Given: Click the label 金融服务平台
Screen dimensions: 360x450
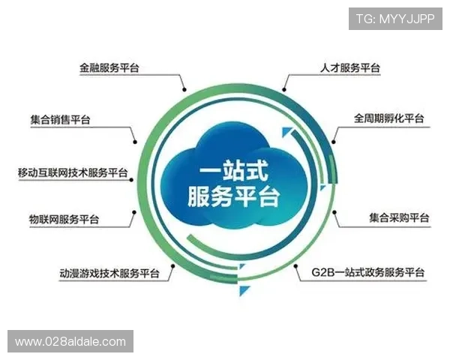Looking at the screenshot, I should pos(109,67).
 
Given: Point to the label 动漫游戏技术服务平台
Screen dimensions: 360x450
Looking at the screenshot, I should pos(109,273).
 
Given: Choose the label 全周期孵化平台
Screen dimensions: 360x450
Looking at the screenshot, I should pos(389,118).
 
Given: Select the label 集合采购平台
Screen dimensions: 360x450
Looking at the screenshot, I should pos(399,218).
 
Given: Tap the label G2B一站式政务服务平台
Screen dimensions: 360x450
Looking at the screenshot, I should pos(368,271).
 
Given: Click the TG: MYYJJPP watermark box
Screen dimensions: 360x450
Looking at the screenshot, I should pos(394,18).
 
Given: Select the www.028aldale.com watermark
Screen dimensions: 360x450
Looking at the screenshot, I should pos(71,342).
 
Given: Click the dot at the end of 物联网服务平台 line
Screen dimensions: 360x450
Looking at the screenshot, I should pos(135,212).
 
